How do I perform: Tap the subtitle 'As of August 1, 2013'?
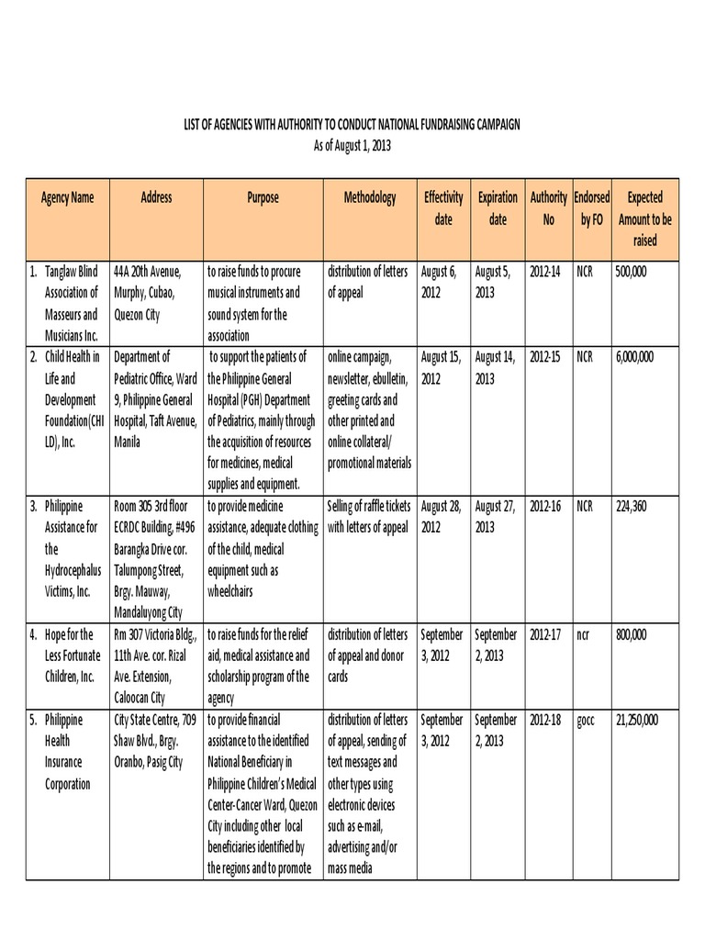tap(352, 145)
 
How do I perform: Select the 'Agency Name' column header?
tap(67, 197)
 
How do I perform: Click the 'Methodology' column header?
tap(370, 197)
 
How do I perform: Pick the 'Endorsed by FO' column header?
tap(592, 208)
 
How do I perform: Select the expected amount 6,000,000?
tap(634, 356)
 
